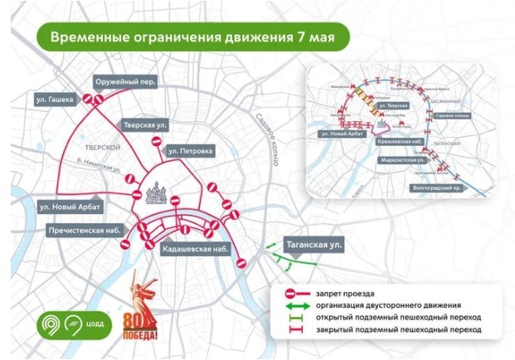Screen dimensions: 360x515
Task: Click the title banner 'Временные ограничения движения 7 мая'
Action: [190, 37]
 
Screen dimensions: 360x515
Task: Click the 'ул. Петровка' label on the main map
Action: [190, 152]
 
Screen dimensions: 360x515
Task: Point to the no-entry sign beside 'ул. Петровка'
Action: [157, 144]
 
